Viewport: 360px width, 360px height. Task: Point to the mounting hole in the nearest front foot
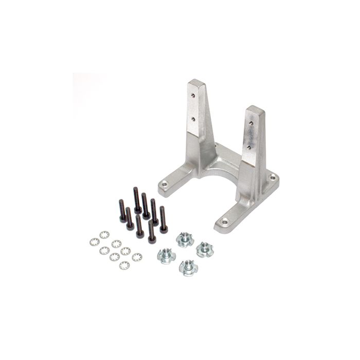point(224,222)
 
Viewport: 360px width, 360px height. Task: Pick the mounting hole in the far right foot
point(272,178)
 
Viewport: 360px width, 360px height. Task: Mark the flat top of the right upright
point(255,110)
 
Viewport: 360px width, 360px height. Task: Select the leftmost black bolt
point(122,211)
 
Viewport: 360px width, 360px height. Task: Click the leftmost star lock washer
point(94,242)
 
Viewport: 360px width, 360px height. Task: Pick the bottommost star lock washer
point(124,265)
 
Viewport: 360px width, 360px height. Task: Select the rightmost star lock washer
point(137,257)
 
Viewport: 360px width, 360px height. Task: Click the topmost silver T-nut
point(185,239)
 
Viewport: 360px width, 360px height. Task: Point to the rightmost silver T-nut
point(205,249)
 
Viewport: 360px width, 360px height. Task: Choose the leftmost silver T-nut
point(166,255)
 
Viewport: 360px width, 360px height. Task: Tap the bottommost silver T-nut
point(188,267)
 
